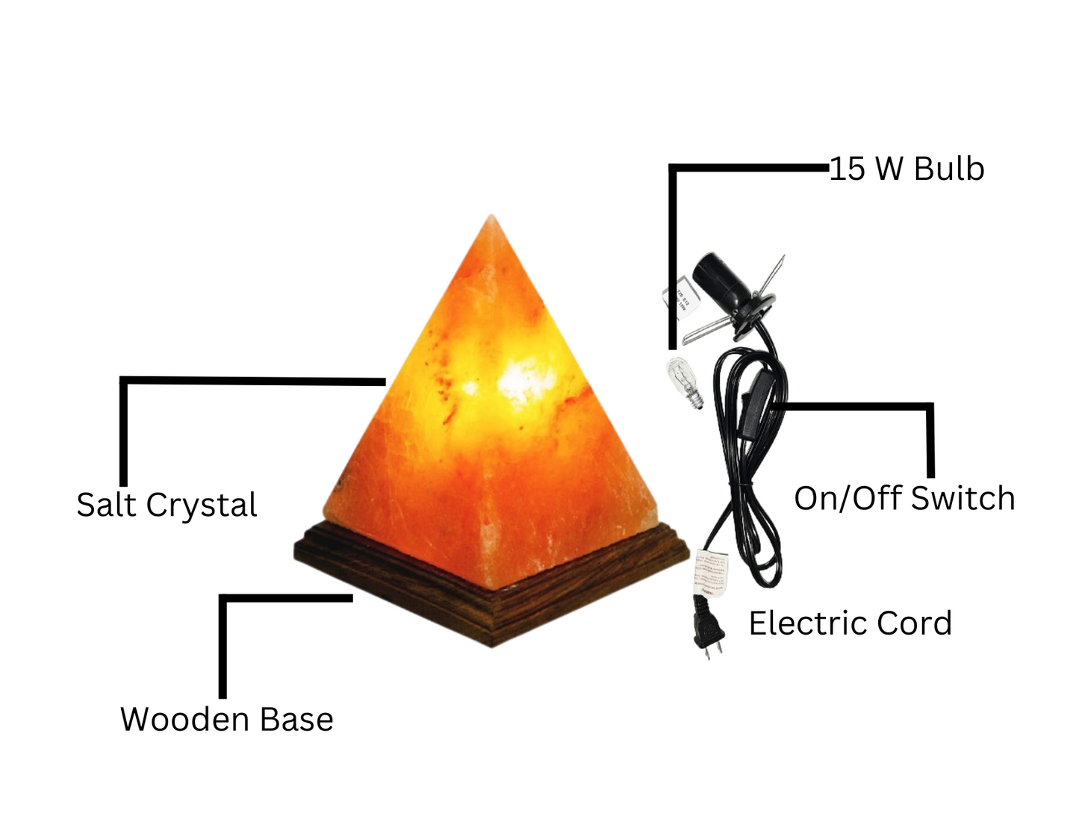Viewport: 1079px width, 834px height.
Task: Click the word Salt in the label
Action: point(108,505)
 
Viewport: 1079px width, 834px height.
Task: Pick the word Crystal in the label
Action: point(202,505)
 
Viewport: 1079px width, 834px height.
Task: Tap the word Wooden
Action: point(174,719)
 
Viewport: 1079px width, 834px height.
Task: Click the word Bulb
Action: point(949,169)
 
